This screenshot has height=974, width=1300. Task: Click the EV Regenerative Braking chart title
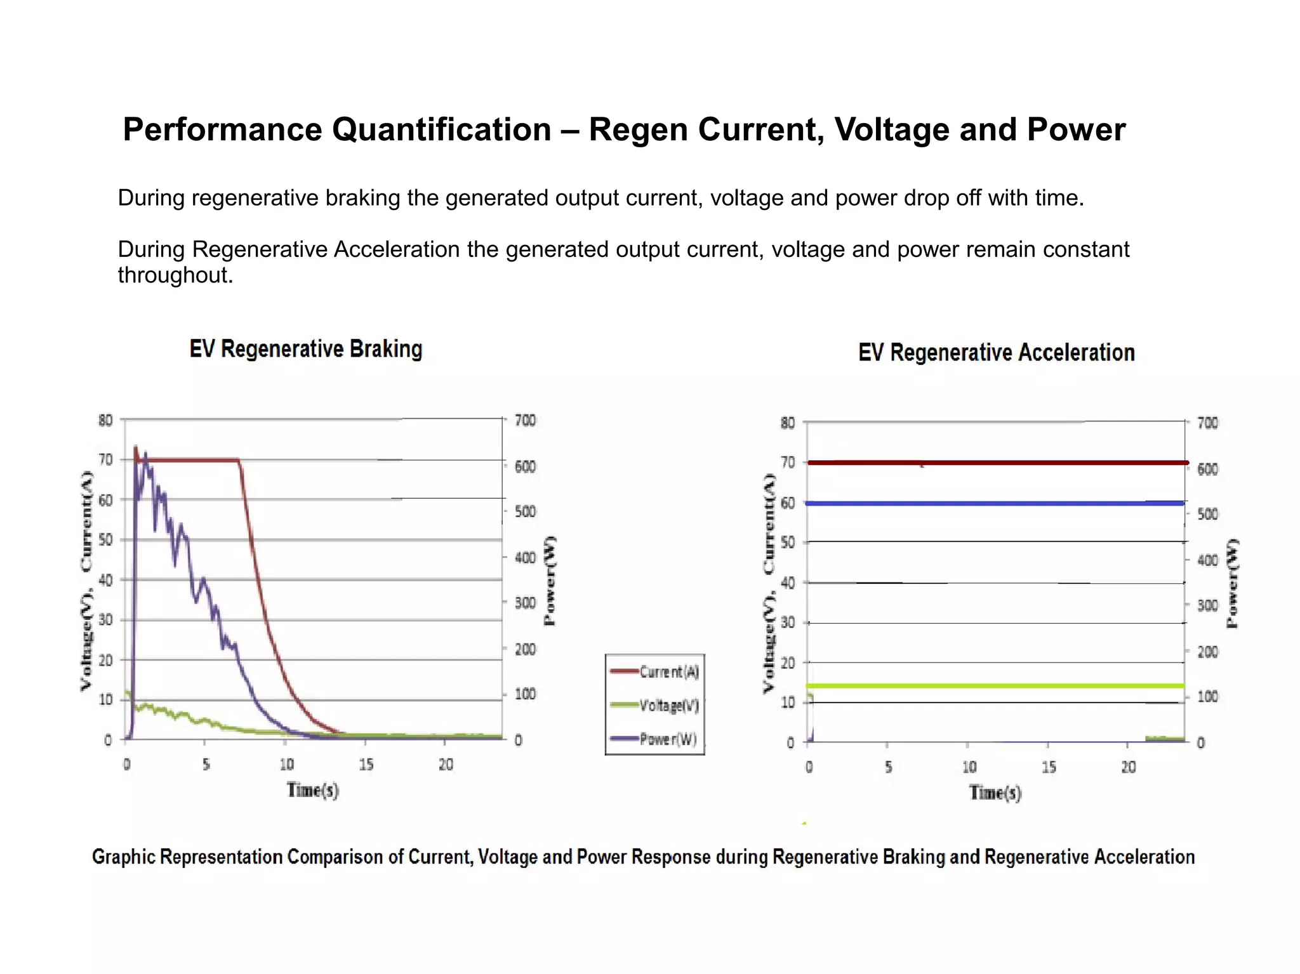pyautogui.click(x=306, y=349)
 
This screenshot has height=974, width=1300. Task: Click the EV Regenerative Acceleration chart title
pyautogui.click(x=996, y=353)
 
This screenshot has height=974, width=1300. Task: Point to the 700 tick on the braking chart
pyautogui.click(x=525, y=420)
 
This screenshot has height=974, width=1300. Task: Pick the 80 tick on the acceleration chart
pyautogui.click(x=787, y=423)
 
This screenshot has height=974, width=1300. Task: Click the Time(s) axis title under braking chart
pyautogui.click(x=312, y=790)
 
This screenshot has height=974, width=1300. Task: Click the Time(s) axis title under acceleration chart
pyautogui.click(x=995, y=793)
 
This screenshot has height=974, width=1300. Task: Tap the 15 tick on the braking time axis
pyautogui.click(x=366, y=765)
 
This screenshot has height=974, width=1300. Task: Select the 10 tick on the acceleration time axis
pyautogui.click(x=969, y=767)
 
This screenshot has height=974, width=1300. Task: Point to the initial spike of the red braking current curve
pyautogui.click(x=135, y=448)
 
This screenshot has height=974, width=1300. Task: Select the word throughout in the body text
pyautogui.click(x=175, y=275)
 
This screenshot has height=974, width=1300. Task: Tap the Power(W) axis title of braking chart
pyautogui.click(x=550, y=581)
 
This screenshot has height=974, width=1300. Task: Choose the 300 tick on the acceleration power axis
pyautogui.click(x=1207, y=605)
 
